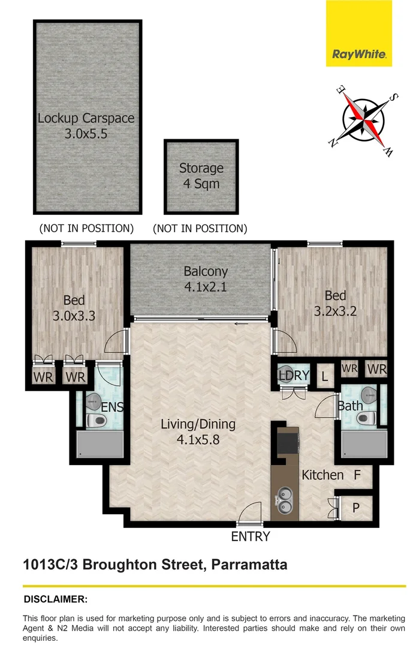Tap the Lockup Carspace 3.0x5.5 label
(x=86, y=125)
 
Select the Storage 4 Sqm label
(x=201, y=176)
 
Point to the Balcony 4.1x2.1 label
(x=206, y=279)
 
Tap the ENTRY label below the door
(x=251, y=536)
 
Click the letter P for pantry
(x=355, y=508)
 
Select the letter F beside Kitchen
(x=357, y=475)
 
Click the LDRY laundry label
(x=293, y=376)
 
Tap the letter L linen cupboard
(x=324, y=377)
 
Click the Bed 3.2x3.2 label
(x=335, y=304)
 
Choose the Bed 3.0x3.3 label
(x=74, y=308)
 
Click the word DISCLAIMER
(x=55, y=599)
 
